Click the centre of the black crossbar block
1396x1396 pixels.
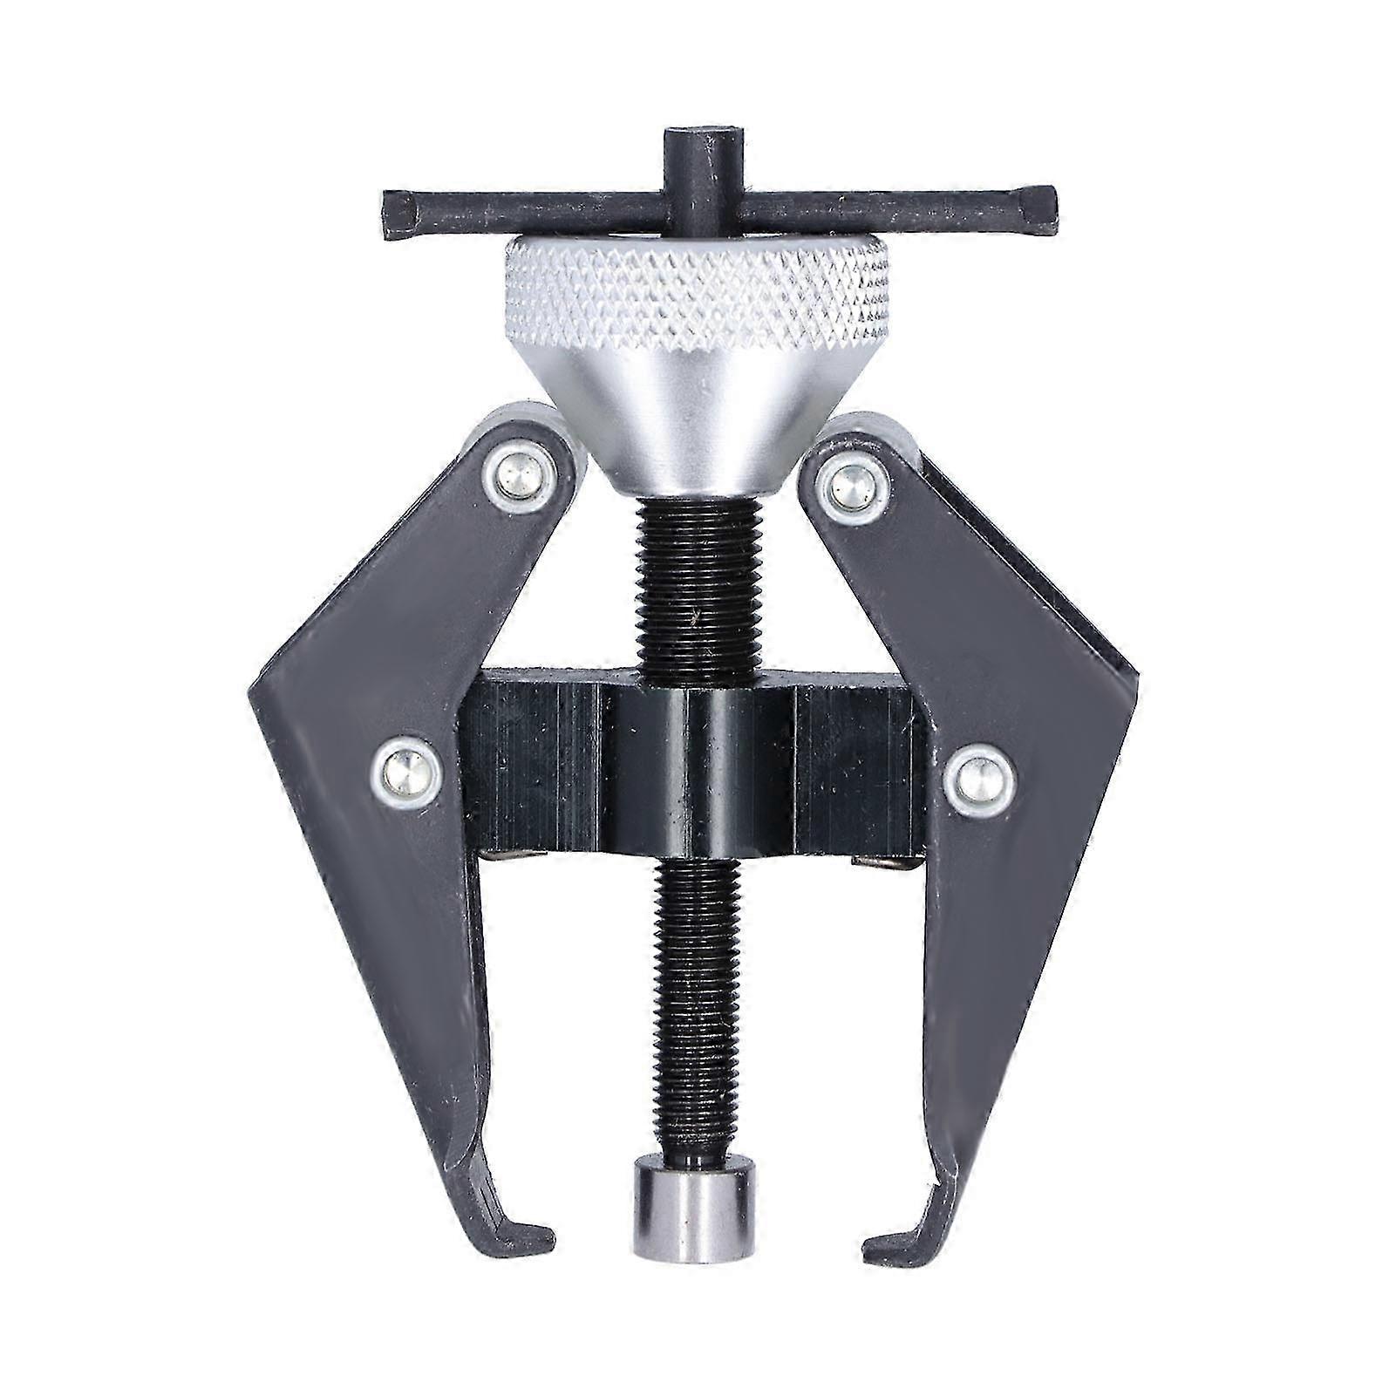click(698, 767)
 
